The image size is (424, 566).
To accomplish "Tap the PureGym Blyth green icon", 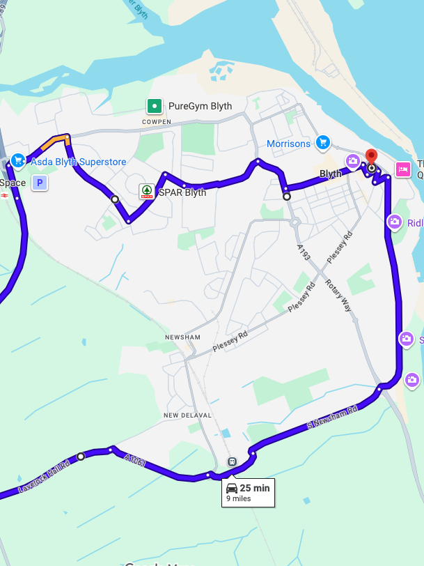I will pos(154,106).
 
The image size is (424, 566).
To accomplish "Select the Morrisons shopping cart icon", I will pos(322,143).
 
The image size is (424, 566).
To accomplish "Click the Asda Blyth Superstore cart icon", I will pos(18,161).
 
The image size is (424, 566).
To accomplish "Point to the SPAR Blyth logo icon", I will pos(147,191).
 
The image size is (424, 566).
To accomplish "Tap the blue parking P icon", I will pos(40,183).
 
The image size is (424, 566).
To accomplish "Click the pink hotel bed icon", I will pos(402,169).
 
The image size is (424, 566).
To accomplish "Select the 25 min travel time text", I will pos(254,488).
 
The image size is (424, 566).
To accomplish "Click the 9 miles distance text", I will pos(238,499).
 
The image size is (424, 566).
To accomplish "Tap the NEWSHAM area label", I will pos(182,337).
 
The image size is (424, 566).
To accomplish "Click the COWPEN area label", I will pos(156,121).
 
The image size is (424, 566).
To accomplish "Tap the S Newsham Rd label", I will pos(332,417).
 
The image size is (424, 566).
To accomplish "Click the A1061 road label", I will pos(135,460).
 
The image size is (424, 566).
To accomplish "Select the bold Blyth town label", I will pos(331,174).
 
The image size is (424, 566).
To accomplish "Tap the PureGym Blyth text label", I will pos(200,106).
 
